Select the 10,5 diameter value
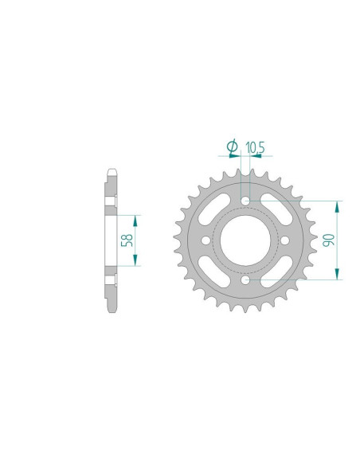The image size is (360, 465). pyautogui.click(x=256, y=147)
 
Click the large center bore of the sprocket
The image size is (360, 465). pyautogui.click(x=245, y=240)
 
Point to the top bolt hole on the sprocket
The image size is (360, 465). pyautogui.click(x=245, y=198)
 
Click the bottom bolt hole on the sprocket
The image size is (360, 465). pyautogui.click(x=245, y=282)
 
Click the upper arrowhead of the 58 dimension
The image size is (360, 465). pyautogui.click(x=136, y=219)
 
